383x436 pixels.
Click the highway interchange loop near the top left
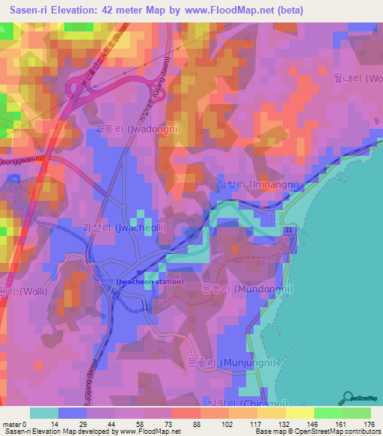click(x=77, y=91)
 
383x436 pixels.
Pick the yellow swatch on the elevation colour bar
click(x=299, y=413)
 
